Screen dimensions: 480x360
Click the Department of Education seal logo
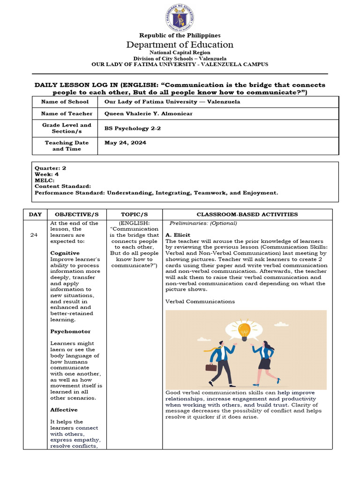coord(180,17)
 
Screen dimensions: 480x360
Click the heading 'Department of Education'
coord(180,45)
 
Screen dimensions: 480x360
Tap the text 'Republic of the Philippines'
coord(180,35)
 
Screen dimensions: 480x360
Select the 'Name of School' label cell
coord(65,102)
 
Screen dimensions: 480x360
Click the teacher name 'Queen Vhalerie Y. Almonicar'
coord(148,114)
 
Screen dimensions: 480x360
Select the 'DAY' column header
coord(35,214)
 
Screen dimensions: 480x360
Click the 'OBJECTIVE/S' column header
coord(74,214)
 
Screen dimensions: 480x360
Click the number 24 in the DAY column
coord(34,235)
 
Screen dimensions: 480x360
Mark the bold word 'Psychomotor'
coord(70,331)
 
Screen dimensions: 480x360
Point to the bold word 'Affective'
coord(64,410)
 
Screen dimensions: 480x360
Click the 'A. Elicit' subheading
coord(178,235)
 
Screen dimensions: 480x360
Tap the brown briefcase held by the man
coord(211,367)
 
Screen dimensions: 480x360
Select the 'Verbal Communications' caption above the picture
coord(200,301)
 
